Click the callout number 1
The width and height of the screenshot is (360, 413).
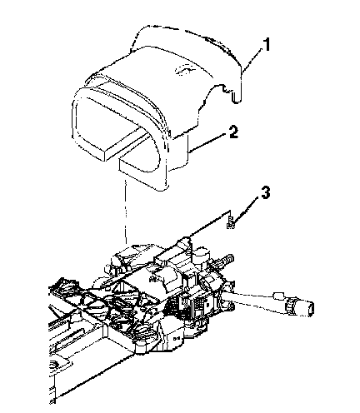coord(266,45)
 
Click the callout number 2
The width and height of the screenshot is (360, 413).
coord(233,132)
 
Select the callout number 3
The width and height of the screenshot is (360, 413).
coord(265,192)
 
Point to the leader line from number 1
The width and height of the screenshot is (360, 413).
coord(252,60)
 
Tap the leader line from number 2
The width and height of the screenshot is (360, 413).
coord(207,143)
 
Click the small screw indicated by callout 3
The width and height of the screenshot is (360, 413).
coord(231,222)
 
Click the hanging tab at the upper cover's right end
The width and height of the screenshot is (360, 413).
coord(236,97)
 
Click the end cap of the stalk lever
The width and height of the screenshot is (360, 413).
coord(310,309)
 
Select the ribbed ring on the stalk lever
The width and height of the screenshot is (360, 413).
coord(291,307)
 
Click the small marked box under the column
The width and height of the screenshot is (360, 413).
coord(175,338)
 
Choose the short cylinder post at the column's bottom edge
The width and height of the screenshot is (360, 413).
coord(140,348)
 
